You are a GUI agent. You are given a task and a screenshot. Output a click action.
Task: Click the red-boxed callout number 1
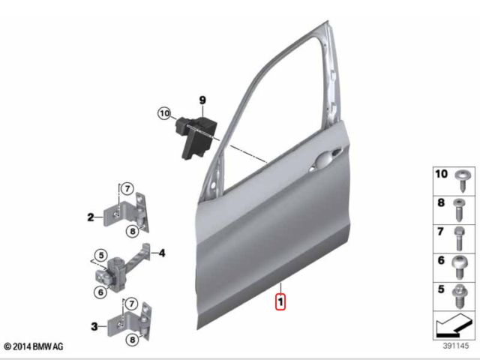280,301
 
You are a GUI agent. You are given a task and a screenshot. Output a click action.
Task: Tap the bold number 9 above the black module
202,100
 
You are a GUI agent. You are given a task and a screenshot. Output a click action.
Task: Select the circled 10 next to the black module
165,113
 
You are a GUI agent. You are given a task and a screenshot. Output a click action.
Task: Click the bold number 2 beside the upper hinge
91,217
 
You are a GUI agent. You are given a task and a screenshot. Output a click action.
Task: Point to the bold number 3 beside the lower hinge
94,326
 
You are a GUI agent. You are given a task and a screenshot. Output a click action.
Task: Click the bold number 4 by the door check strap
162,253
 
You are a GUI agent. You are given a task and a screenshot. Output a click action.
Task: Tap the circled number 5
101,255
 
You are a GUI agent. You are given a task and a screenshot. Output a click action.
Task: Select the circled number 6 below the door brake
100,292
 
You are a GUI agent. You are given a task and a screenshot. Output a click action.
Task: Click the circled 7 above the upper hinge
127,188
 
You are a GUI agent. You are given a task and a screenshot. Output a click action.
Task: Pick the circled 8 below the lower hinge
132,340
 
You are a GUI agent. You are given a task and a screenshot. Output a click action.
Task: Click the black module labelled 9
196,136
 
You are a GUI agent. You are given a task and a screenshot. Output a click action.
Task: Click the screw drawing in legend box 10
461,181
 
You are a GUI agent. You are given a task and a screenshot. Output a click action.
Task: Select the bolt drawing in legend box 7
459,238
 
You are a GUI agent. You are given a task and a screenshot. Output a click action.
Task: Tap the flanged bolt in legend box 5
460,296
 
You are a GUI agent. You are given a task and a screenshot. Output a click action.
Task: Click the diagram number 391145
455,346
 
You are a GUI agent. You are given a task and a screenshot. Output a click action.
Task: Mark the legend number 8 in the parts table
441,202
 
